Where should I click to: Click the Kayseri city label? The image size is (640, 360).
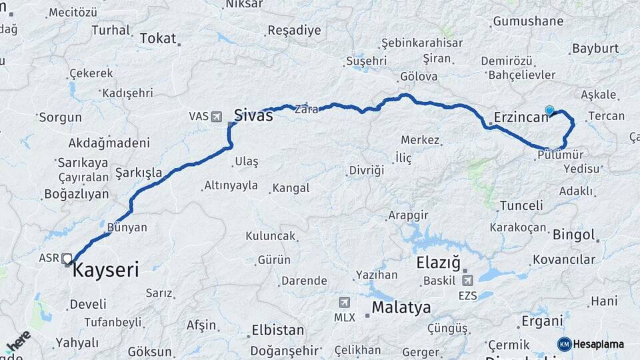click(105, 270)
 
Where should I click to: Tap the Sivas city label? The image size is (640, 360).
click(253, 115)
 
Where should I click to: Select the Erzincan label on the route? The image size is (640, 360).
click(521, 118)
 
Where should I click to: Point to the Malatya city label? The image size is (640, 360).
click(401, 307)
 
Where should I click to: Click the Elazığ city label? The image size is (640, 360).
click(439, 263)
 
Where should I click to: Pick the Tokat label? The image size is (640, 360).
click(157, 39)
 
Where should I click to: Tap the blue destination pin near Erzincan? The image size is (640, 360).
click(549, 111)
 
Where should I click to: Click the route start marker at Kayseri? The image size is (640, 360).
click(67, 259)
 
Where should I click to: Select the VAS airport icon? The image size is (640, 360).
click(216, 117)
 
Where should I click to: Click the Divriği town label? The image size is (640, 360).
click(367, 171)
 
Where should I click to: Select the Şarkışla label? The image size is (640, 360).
click(139, 173)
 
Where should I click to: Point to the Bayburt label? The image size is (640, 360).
click(595, 49)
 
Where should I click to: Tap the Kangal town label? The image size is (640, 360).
click(292, 189)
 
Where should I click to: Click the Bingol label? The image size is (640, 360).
click(573, 235)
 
